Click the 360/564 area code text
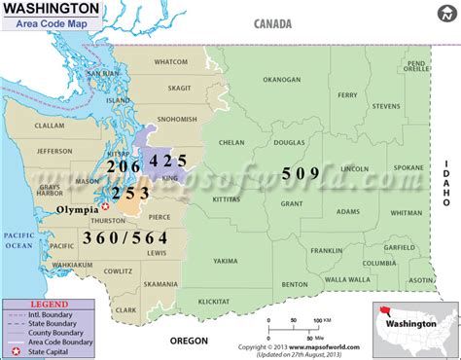pyautogui.click(x=113, y=237)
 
